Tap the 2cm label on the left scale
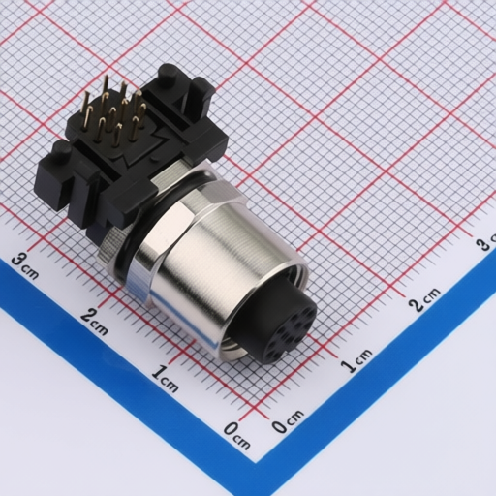[x=94, y=321]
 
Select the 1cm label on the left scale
[x=165, y=378]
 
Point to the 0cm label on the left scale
[x=237, y=436]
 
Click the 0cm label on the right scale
[x=288, y=421]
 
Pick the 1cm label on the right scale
[x=356, y=360]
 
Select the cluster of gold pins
[x=113, y=111]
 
